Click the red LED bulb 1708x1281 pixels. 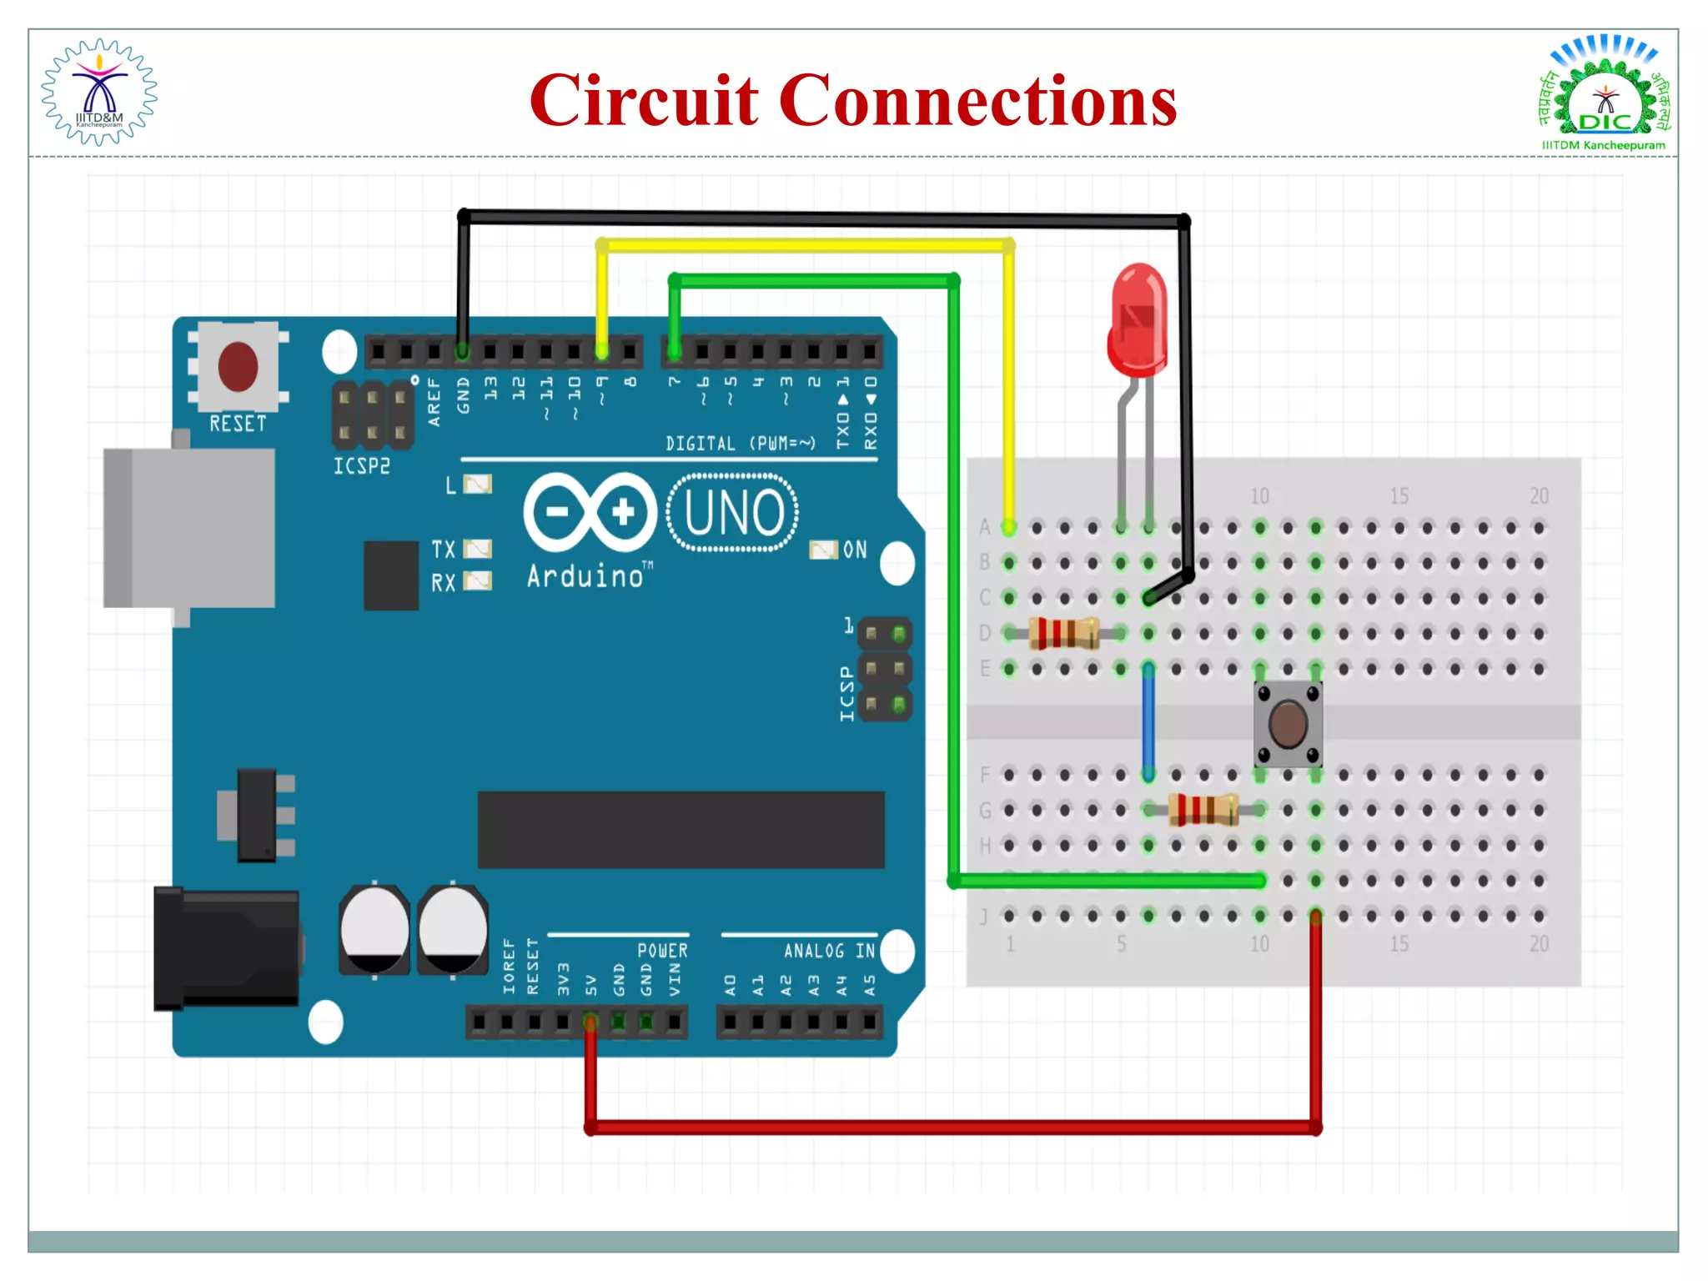[1138, 321]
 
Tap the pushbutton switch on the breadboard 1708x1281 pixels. [1288, 724]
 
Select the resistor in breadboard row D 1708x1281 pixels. [1063, 633]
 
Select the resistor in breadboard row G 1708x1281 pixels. [1203, 809]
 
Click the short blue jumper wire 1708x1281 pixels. [1148, 721]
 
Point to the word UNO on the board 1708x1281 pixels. [734, 513]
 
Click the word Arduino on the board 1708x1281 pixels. [585, 576]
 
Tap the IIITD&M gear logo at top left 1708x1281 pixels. [99, 93]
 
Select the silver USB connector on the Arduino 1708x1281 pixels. [189, 528]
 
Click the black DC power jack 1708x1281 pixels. [227, 948]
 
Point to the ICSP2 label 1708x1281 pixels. [361, 466]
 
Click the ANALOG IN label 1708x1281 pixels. [829, 951]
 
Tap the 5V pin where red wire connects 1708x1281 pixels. [590, 1022]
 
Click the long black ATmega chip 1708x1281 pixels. [681, 830]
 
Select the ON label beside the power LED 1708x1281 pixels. [855, 550]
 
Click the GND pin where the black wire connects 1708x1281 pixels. [462, 352]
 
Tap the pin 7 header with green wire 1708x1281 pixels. [674, 352]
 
